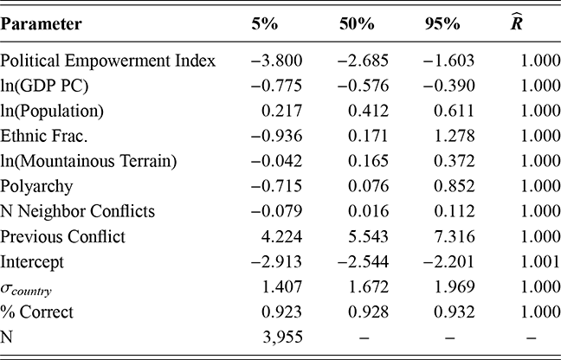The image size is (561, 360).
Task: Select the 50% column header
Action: click(356, 24)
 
